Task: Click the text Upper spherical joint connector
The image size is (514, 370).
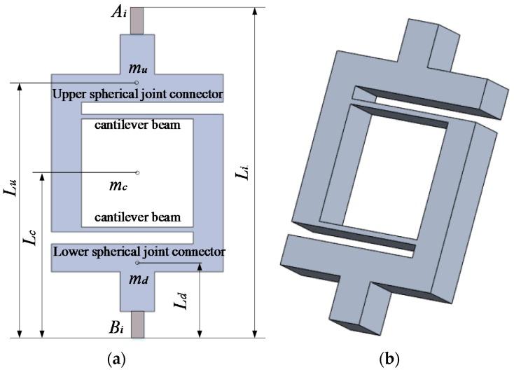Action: (x=138, y=94)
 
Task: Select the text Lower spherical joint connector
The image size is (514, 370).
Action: (x=138, y=250)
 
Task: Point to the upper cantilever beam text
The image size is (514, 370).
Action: (x=138, y=125)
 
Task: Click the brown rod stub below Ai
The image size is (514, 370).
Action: (x=137, y=19)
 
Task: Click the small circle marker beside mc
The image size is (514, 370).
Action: (x=138, y=172)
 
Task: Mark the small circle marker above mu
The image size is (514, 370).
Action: (x=137, y=83)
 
